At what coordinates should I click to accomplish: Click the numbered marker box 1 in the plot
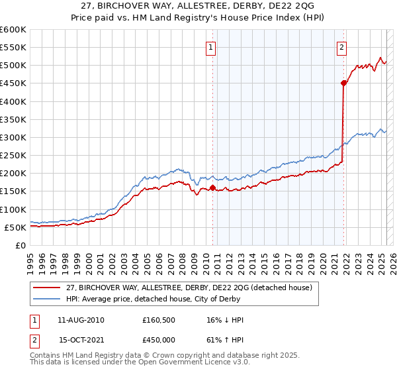pos(210,46)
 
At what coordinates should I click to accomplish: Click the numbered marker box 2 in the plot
pos(341,46)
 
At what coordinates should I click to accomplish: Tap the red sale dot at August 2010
pos(212,187)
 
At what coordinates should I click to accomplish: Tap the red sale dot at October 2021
pos(343,83)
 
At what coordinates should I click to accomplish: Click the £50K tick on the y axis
pos(15,227)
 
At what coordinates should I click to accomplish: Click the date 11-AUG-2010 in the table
pos(81,319)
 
